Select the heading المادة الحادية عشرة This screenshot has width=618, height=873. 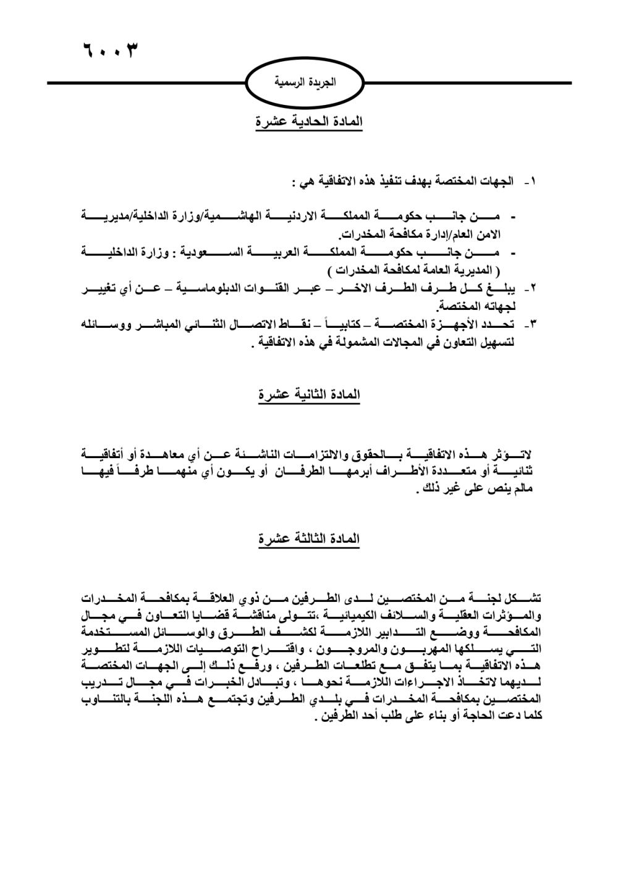tap(309, 122)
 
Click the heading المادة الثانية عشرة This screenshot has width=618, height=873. tap(309, 395)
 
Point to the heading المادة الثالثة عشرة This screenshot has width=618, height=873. tap(309, 538)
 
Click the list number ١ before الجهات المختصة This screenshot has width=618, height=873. tap(530, 183)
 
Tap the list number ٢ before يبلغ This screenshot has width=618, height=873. tap(530, 288)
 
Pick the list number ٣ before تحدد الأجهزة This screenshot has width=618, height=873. tap(530, 324)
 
